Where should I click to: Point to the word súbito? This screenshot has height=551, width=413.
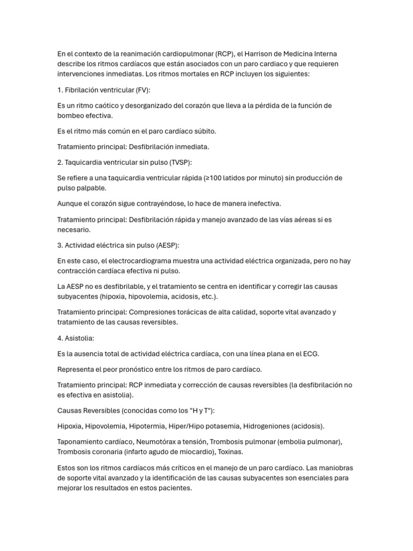click(189, 131)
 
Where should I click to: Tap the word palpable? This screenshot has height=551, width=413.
click(91, 188)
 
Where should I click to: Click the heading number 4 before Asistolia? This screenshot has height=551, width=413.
click(60, 338)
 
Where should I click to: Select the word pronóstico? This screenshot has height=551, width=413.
click(148, 369)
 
